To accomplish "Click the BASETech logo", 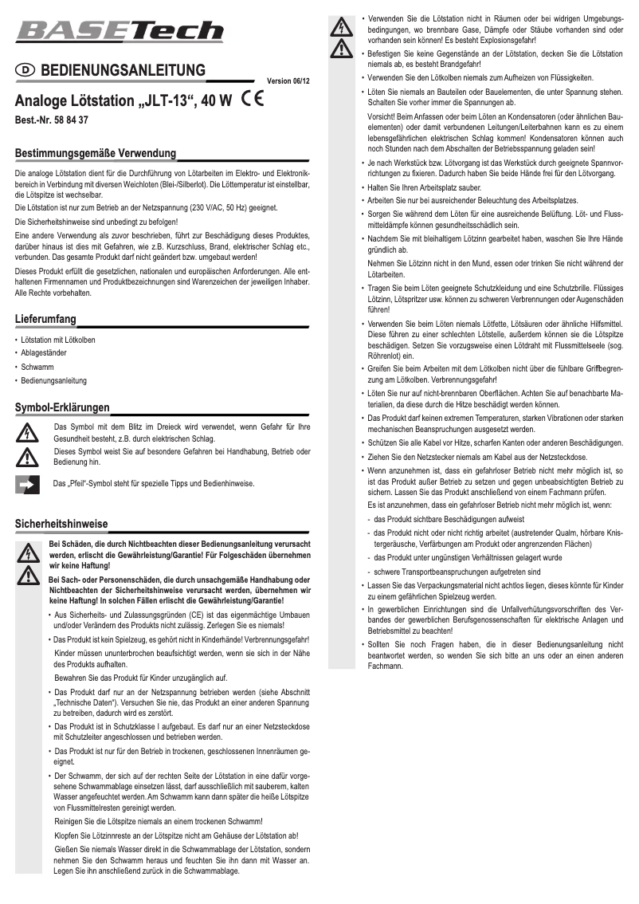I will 120,31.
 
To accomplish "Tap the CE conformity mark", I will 254,100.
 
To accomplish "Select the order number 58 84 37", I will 69,121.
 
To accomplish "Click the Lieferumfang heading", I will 45,320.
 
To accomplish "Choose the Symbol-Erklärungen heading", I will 62,407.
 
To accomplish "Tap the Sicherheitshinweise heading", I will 61,524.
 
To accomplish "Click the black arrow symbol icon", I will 28,484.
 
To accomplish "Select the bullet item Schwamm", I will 37,367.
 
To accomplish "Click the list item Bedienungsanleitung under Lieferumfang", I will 54,381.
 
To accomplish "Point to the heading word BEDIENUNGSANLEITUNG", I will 123,71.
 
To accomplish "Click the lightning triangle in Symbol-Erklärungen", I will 28,432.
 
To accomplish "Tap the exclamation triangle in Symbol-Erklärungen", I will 28,457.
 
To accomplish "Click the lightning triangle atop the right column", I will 342,26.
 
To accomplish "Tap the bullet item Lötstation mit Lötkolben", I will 58,340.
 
